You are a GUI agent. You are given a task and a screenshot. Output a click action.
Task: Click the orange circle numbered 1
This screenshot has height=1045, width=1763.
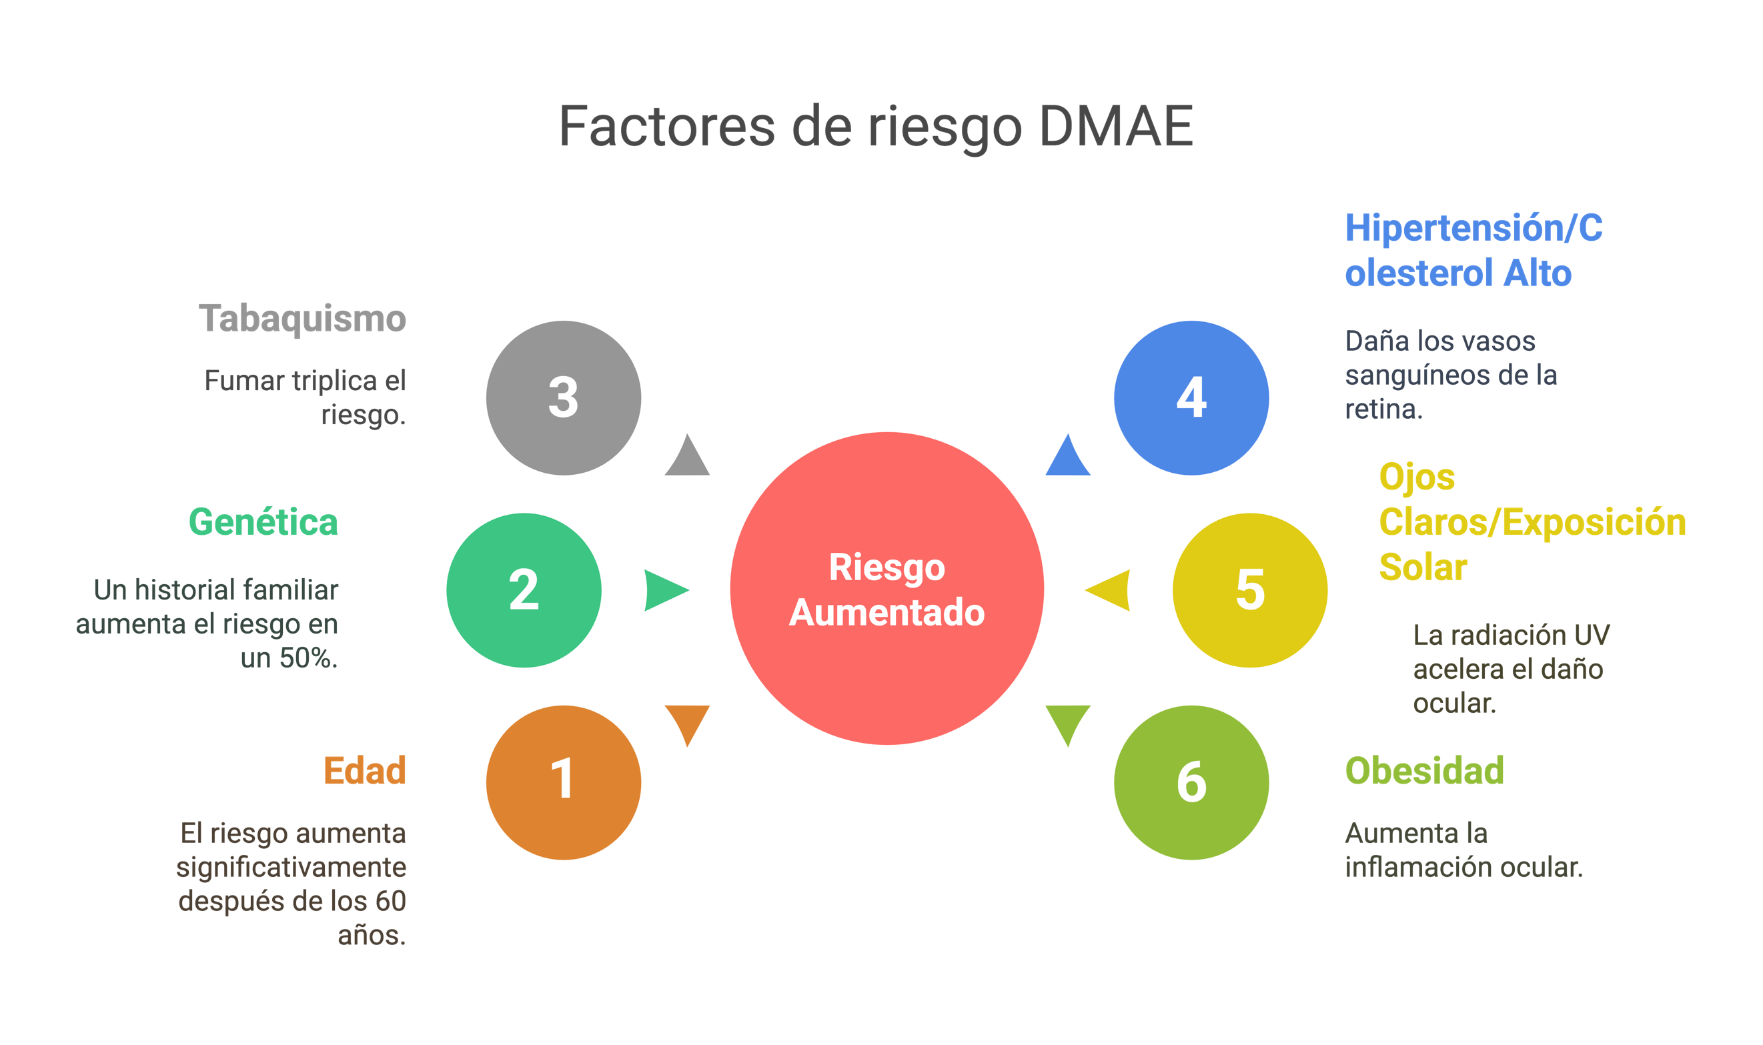[563, 782]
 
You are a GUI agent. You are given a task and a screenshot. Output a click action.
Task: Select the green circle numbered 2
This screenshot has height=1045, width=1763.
[524, 590]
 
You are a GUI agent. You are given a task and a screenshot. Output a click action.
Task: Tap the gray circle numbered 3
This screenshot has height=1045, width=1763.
[563, 398]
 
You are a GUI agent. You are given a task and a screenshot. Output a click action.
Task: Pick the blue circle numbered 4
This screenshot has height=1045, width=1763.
[1191, 398]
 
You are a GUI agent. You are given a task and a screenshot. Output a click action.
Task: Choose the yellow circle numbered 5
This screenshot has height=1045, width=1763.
[1249, 590]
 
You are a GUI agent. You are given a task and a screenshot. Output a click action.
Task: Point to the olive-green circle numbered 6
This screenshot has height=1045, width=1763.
[1191, 782]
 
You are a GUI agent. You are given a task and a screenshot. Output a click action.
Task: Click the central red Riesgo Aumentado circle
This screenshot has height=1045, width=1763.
[887, 589]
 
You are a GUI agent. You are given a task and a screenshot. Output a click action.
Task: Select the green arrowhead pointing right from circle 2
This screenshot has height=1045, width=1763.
[664, 590]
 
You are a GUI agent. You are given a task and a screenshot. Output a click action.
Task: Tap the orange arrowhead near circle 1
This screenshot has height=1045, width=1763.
[687, 722]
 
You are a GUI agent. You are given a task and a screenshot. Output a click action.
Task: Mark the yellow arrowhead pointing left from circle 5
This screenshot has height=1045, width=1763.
[1111, 590]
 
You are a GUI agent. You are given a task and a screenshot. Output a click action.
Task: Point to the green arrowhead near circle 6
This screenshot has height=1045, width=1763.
[1068, 722]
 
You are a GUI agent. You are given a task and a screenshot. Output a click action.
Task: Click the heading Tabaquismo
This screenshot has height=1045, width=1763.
[302, 319]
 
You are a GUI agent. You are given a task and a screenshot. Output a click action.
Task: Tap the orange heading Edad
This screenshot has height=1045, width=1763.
[364, 770]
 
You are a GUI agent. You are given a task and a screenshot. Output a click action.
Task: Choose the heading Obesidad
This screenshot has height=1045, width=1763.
[1424, 770]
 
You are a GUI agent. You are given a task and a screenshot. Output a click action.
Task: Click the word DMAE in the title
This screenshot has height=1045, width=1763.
[1116, 127]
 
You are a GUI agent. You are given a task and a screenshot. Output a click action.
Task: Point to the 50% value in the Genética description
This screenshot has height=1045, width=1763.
[308, 658]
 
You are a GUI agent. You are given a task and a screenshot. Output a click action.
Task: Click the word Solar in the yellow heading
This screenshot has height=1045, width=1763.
[1422, 568]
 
